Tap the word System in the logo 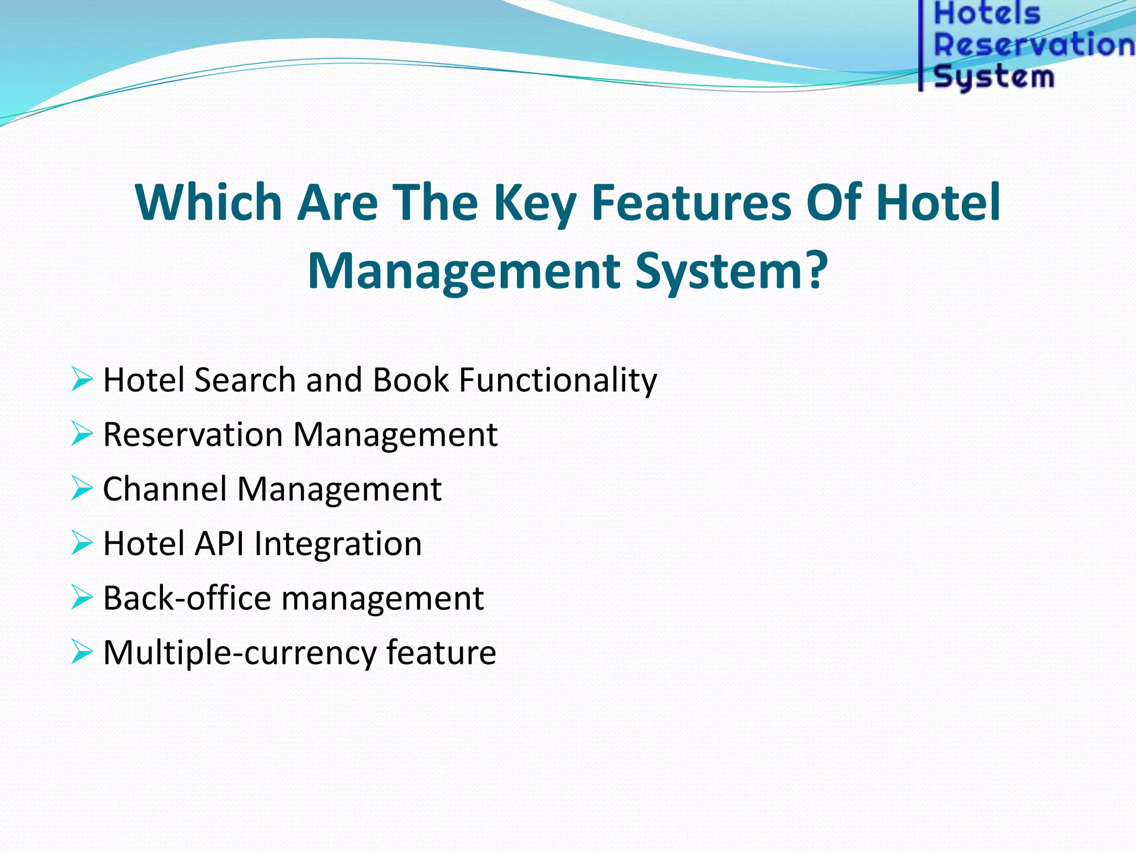(994, 77)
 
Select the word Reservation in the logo (1034, 45)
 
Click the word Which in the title (209, 202)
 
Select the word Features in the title (691, 202)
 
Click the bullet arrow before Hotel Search (82, 379)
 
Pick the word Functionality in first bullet (557, 381)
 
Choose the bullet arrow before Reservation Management (82, 434)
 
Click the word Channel (165, 489)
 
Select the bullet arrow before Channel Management (82, 489)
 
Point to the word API (219, 544)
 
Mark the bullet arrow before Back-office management (82, 598)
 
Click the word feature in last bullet (441, 652)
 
